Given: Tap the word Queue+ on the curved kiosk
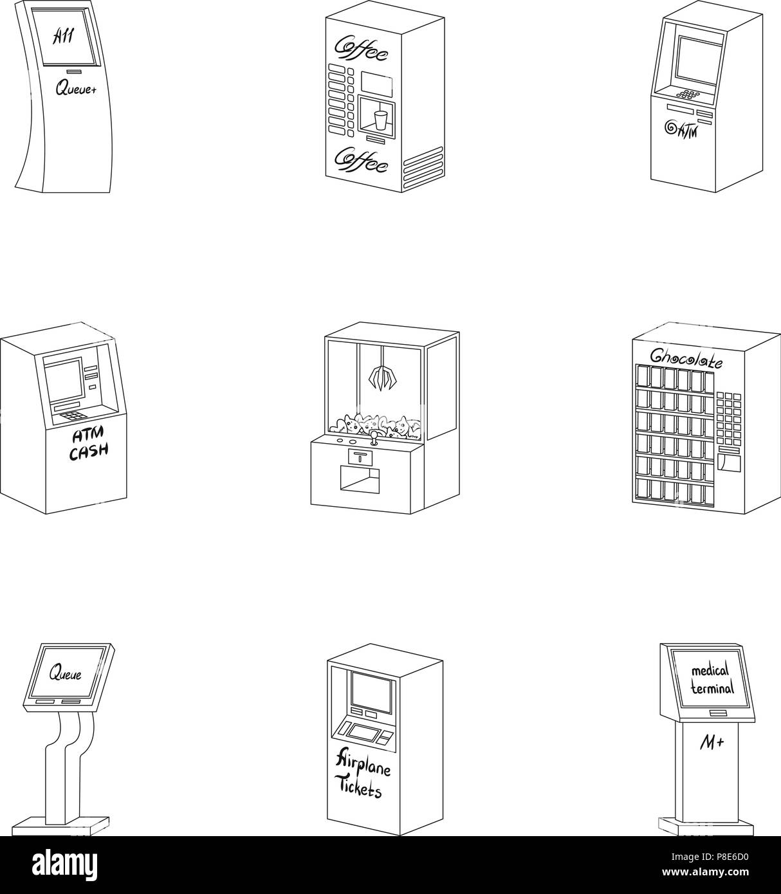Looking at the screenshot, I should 76,90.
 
